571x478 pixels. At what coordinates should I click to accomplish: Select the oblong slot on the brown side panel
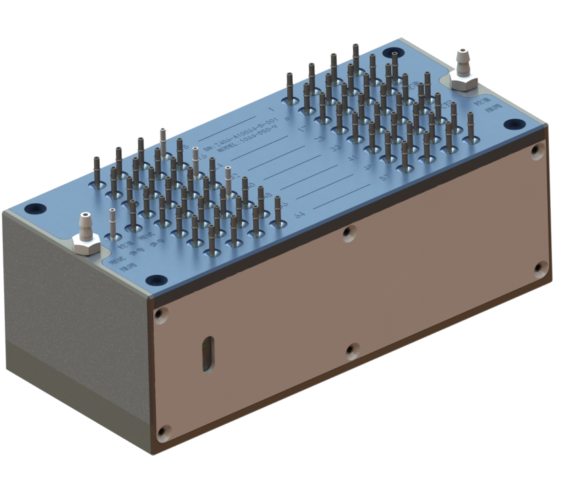point(208,353)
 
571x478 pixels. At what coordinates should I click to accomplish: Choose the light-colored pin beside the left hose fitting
point(112,215)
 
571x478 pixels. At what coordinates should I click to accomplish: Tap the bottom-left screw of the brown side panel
point(163,429)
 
